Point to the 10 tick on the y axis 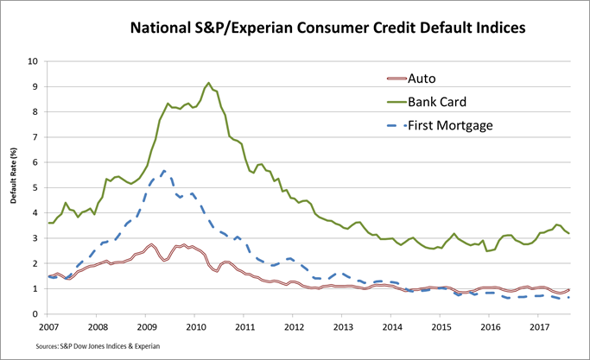point(33,62)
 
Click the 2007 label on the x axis point(50,327)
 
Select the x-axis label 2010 point(195,327)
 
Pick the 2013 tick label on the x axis point(343,327)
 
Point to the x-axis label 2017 point(539,327)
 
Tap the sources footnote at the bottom point(87,347)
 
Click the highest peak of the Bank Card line point(208,83)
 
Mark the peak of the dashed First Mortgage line point(164,171)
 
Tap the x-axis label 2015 point(441,327)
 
